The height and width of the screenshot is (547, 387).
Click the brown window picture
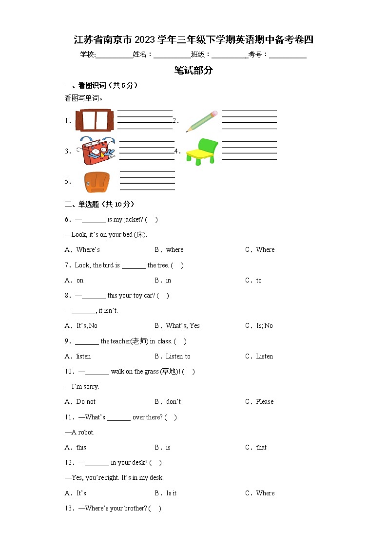(x=95, y=120)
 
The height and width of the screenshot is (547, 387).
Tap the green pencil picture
(x=201, y=121)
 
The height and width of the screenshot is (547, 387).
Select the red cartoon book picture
(x=97, y=151)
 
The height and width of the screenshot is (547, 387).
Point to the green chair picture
(x=201, y=151)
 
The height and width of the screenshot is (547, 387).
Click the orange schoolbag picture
(x=96, y=182)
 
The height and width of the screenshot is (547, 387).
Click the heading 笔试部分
(x=193, y=70)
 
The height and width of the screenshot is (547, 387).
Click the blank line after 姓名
(x=172, y=55)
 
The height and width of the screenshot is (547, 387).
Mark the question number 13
(x=69, y=509)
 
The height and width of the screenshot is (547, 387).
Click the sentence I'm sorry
(x=85, y=387)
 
